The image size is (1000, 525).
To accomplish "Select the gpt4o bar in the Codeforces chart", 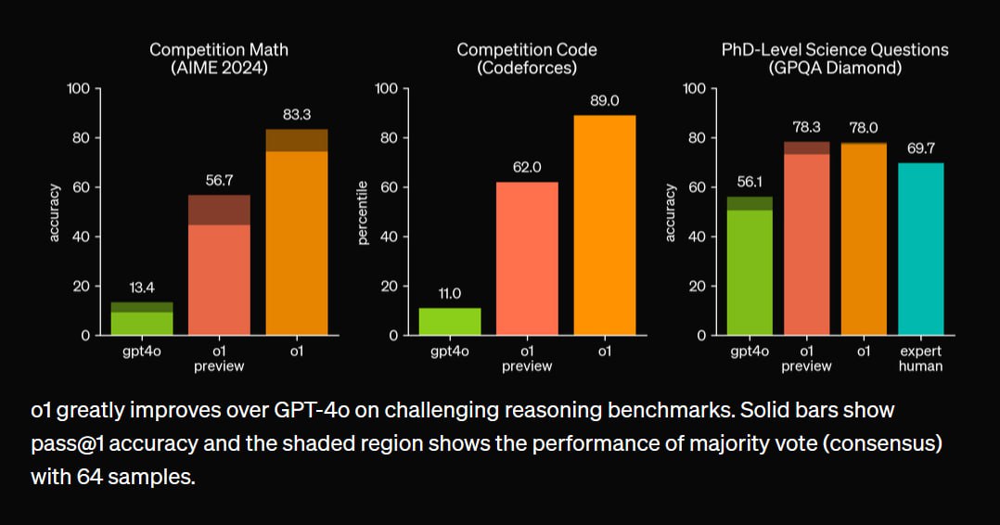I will (450, 321).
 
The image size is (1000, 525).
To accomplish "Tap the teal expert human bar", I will (920, 249).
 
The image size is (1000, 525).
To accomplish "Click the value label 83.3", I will (296, 115).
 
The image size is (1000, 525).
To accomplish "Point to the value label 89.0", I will (604, 101).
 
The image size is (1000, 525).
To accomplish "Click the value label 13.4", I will (142, 288).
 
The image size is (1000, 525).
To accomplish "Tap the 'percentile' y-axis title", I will (363, 212).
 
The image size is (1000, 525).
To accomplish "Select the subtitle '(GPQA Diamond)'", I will (835, 69).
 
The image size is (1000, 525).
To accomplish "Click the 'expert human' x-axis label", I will (920, 358).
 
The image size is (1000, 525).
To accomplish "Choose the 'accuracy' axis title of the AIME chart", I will (55, 212).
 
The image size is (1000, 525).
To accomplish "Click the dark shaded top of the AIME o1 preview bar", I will (219, 210).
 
